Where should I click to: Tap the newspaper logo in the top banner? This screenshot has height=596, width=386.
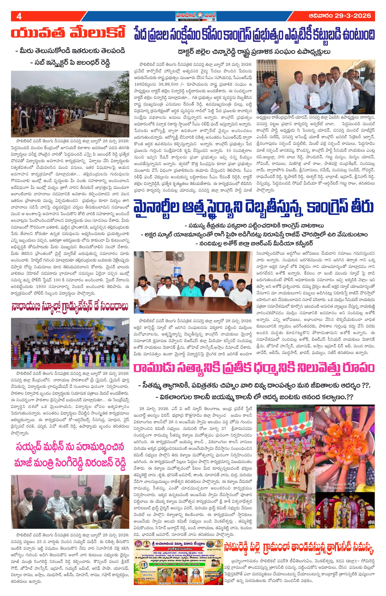[196, 16]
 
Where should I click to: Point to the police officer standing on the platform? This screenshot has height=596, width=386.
[107, 108]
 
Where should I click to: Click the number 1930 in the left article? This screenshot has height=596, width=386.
[41, 286]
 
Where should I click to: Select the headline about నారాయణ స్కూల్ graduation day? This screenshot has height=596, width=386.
[70, 306]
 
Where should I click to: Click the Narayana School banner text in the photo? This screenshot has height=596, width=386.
[73, 328]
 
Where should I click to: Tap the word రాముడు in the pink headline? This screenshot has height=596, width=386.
[153, 368]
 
